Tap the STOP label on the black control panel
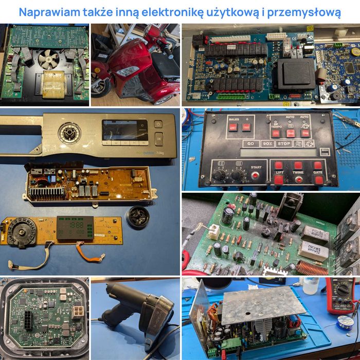pos(283,143)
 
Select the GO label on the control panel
pos(250,143)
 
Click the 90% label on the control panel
pos(267,143)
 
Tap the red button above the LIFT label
pos(278,166)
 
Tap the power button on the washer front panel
pos(158,124)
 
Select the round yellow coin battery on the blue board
pos(354,52)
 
